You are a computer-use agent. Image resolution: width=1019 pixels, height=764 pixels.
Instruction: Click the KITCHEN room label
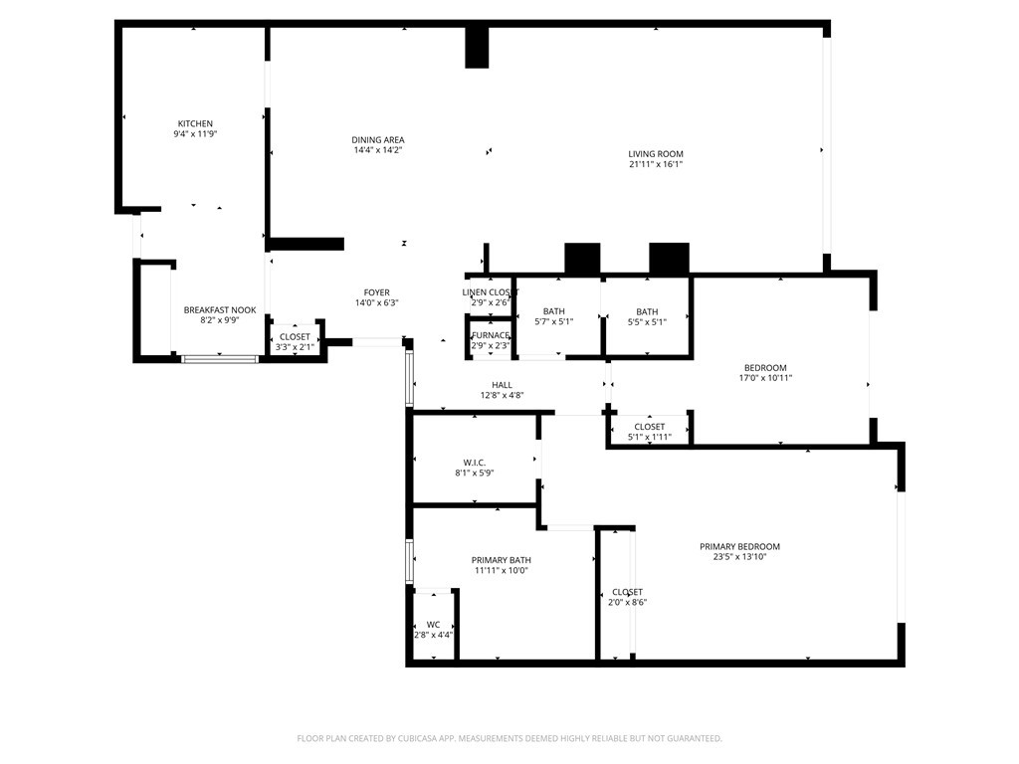(x=195, y=123)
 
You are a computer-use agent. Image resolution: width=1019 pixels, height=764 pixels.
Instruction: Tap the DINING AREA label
(x=377, y=139)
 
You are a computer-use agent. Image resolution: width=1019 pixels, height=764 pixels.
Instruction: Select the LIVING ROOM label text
(x=655, y=154)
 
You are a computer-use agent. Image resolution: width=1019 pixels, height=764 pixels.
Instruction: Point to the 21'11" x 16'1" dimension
(x=655, y=164)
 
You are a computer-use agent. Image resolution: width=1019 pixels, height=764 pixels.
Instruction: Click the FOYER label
(x=376, y=292)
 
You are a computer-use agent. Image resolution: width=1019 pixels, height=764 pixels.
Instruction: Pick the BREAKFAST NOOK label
(x=220, y=310)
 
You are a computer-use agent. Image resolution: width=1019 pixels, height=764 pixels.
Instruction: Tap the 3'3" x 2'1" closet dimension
(x=295, y=347)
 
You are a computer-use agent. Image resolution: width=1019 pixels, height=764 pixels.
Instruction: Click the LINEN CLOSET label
(x=490, y=292)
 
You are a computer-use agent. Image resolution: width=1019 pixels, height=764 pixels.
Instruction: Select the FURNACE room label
(x=491, y=335)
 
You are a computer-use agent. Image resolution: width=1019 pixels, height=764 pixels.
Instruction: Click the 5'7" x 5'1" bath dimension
(x=553, y=321)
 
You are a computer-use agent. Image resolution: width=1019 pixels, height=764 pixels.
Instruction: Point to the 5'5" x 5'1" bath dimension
(x=647, y=322)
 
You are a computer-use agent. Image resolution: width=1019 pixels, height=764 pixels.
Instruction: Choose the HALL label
(x=502, y=385)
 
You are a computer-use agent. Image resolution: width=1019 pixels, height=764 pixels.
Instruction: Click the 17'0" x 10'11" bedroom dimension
(x=765, y=378)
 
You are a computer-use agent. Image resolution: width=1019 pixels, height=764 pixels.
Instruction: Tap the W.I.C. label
(x=475, y=463)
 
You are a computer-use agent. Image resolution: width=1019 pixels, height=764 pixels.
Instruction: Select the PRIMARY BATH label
(x=502, y=560)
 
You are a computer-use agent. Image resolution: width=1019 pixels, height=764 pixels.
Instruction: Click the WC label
(x=434, y=625)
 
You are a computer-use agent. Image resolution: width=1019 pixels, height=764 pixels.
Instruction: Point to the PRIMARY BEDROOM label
(x=739, y=546)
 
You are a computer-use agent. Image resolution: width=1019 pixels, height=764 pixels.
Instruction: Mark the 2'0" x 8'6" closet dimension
(x=627, y=602)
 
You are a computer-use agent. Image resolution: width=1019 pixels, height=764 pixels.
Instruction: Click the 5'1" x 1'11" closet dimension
(x=649, y=438)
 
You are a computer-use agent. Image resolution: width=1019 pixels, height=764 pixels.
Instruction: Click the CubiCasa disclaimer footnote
(x=509, y=738)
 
